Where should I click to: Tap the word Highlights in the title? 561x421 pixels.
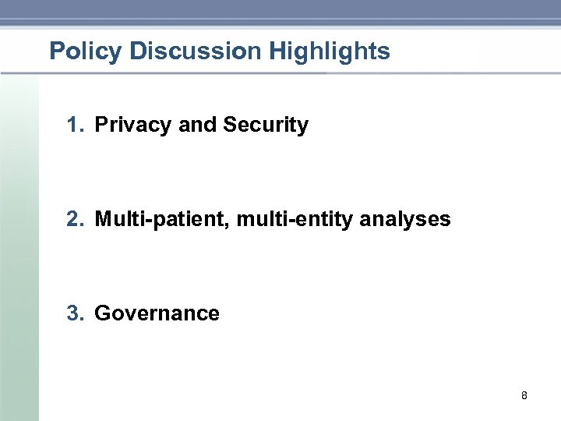330,52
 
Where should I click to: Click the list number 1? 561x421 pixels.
73,125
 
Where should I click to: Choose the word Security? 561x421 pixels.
266,125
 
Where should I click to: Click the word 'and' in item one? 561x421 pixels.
198,125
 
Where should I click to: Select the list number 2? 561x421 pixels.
73,219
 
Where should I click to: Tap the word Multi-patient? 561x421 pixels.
161,219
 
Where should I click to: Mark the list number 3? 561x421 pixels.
73,313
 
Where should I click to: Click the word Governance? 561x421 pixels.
157,313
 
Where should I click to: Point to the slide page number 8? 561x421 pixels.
524,396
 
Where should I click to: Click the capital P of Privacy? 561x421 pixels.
101,125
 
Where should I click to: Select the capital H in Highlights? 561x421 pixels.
277,52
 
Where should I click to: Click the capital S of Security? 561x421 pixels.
229,125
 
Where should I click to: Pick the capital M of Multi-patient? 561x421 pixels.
103,219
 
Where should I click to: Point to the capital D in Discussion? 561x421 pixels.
138,52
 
